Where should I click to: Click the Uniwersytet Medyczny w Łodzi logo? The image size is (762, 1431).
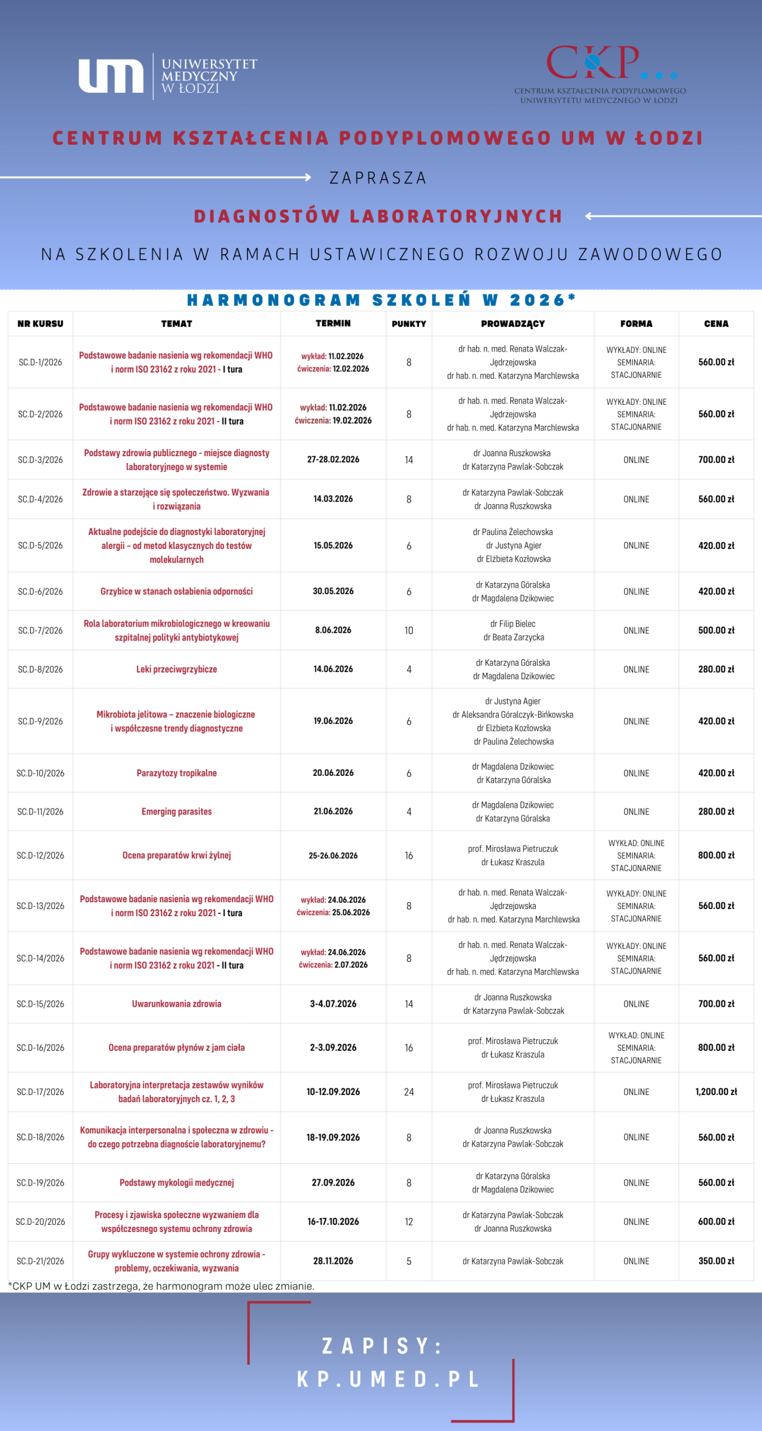(x=168, y=76)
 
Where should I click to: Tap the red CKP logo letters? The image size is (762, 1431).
(x=593, y=63)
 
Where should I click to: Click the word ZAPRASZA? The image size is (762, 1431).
(x=378, y=178)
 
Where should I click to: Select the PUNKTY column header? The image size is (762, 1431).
(x=408, y=324)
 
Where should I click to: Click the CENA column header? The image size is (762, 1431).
(x=716, y=324)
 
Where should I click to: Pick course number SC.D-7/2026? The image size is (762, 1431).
(x=40, y=631)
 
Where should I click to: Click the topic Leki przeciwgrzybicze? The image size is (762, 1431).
(x=177, y=669)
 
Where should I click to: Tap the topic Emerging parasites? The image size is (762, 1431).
(x=177, y=812)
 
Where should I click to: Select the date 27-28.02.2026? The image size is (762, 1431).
(x=333, y=459)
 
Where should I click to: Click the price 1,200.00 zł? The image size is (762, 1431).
(x=716, y=1092)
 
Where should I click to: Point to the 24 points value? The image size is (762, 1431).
(x=408, y=1092)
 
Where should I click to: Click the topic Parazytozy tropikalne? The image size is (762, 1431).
(x=177, y=773)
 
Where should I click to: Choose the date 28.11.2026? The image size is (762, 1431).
(x=333, y=1261)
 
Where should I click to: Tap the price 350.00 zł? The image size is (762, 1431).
(x=716, y=1261)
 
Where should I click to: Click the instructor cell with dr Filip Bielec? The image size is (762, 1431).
(x=513, y=631)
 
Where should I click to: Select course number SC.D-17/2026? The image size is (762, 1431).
(x=40, y=1092)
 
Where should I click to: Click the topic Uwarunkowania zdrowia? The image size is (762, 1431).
(x=177, y=1004)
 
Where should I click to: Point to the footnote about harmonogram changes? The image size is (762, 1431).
(x=161, y=1286)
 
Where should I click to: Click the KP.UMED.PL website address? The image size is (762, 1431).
(x=388, y=1379)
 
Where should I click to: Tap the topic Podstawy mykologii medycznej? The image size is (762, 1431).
(x=177, y=1182)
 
